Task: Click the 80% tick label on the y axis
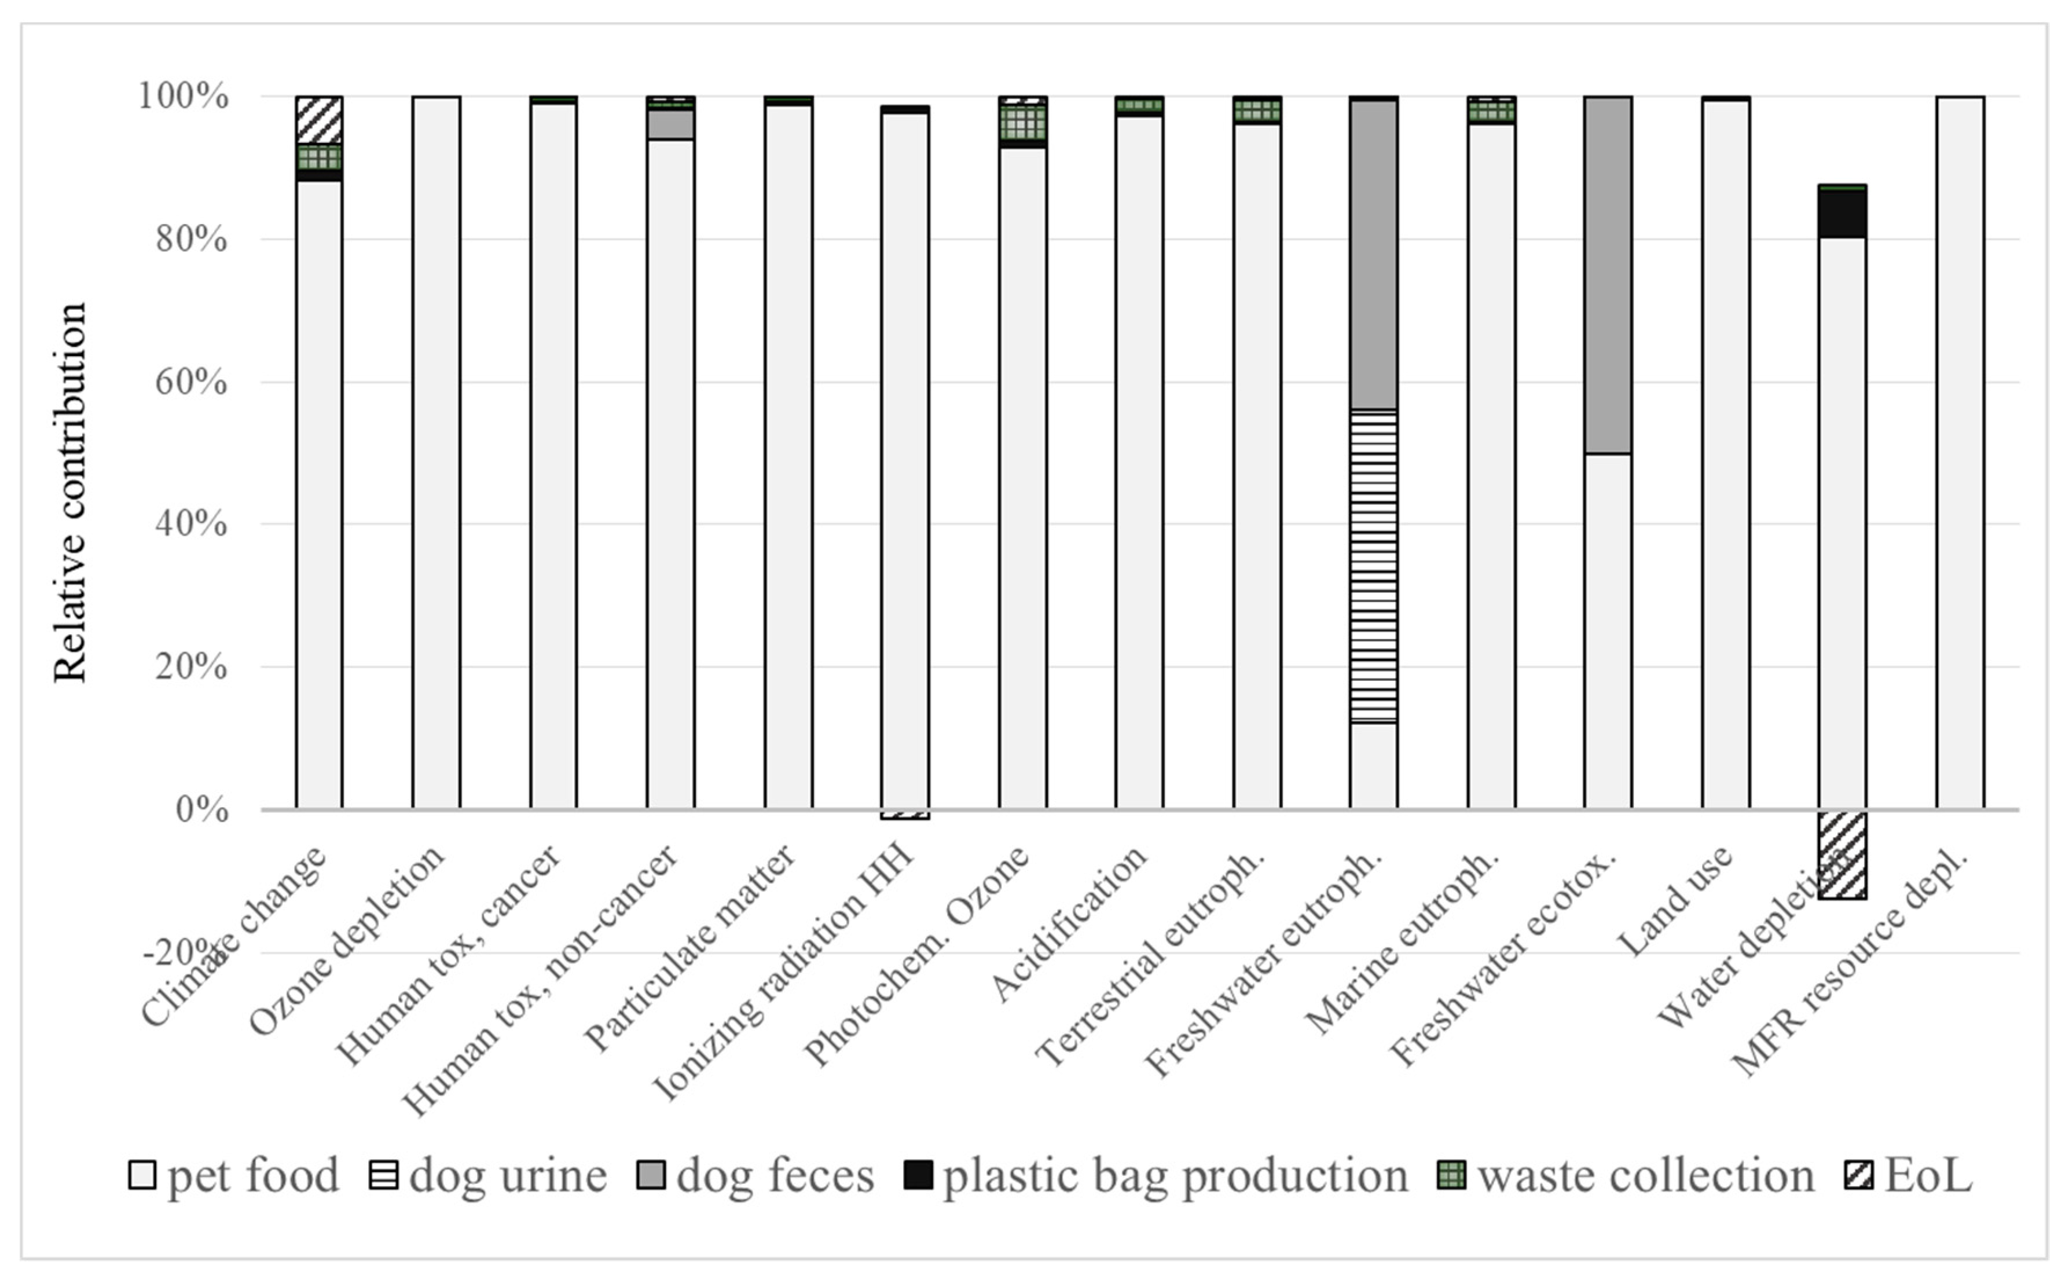pos(190,240)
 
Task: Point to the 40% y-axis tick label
pos(190,524)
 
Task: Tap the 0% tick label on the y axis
pos(201,810)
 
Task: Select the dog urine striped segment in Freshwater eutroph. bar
pos(1373,566)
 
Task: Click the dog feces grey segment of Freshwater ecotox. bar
pos(1608,275)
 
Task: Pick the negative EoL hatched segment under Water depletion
pos(1842,854)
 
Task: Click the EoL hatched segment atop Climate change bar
pos(319,120)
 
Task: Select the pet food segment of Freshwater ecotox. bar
pos(1608,631)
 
